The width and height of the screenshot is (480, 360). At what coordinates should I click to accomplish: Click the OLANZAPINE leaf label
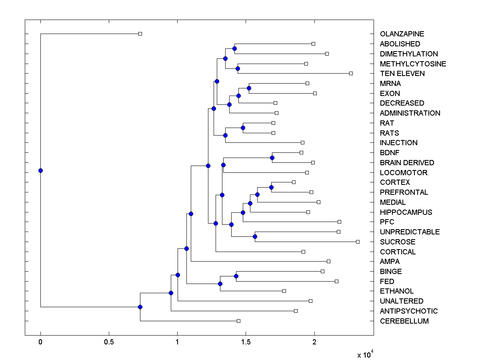tap(402, 34)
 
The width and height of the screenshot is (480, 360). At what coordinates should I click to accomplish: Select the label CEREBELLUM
tap(404, 321)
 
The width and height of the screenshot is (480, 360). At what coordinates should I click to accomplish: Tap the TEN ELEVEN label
tap(402, 74)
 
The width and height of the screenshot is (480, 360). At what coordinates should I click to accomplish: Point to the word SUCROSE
tap(398, 242)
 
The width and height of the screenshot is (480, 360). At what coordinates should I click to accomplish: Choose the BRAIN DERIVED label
tap(407, 163)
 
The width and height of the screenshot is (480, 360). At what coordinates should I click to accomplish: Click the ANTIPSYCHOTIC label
tap(409, 311)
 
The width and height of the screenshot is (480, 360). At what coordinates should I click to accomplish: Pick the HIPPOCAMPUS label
tap(406, 212)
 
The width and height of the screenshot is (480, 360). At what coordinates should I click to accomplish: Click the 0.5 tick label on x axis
tap(109, 342)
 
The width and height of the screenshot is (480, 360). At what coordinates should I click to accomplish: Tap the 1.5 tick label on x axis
tap(246, 342)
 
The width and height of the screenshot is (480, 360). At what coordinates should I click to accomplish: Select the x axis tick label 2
tap(314, 342)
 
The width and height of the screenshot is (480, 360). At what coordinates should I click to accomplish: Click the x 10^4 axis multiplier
tap(365, 354)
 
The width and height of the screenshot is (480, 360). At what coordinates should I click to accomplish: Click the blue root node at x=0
tap(40, 170)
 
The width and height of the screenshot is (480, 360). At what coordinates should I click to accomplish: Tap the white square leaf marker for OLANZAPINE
tap(140, 34)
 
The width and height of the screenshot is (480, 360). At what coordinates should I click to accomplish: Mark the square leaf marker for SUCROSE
tap(358, 242)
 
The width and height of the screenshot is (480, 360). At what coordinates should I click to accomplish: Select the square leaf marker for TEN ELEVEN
tap(351, 73)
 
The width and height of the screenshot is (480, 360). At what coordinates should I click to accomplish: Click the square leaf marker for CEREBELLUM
tap(238, 321)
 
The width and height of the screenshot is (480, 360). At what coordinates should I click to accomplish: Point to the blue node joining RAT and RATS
tap(243, 128)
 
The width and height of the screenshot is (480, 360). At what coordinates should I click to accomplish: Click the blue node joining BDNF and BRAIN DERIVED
tap(272, 158)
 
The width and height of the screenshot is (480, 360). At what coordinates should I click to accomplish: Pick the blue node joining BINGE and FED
tap(236, 276)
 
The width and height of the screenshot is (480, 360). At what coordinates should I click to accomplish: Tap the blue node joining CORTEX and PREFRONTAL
tap(271, 187)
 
